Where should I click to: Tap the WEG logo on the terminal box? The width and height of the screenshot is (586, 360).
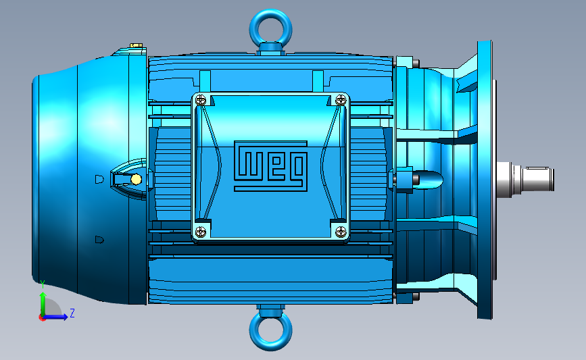click(270, 166)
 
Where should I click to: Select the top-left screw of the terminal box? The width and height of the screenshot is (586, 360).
click(201, 100)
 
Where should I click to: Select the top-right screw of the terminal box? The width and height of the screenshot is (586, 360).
click(341, 99)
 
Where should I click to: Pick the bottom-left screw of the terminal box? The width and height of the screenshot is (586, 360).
click(201, 232)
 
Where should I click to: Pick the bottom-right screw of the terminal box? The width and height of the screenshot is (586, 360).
click(341, 232)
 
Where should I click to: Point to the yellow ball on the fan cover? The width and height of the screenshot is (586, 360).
click(136, 180)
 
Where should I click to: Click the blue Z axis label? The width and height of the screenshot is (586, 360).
click(72, 313)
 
